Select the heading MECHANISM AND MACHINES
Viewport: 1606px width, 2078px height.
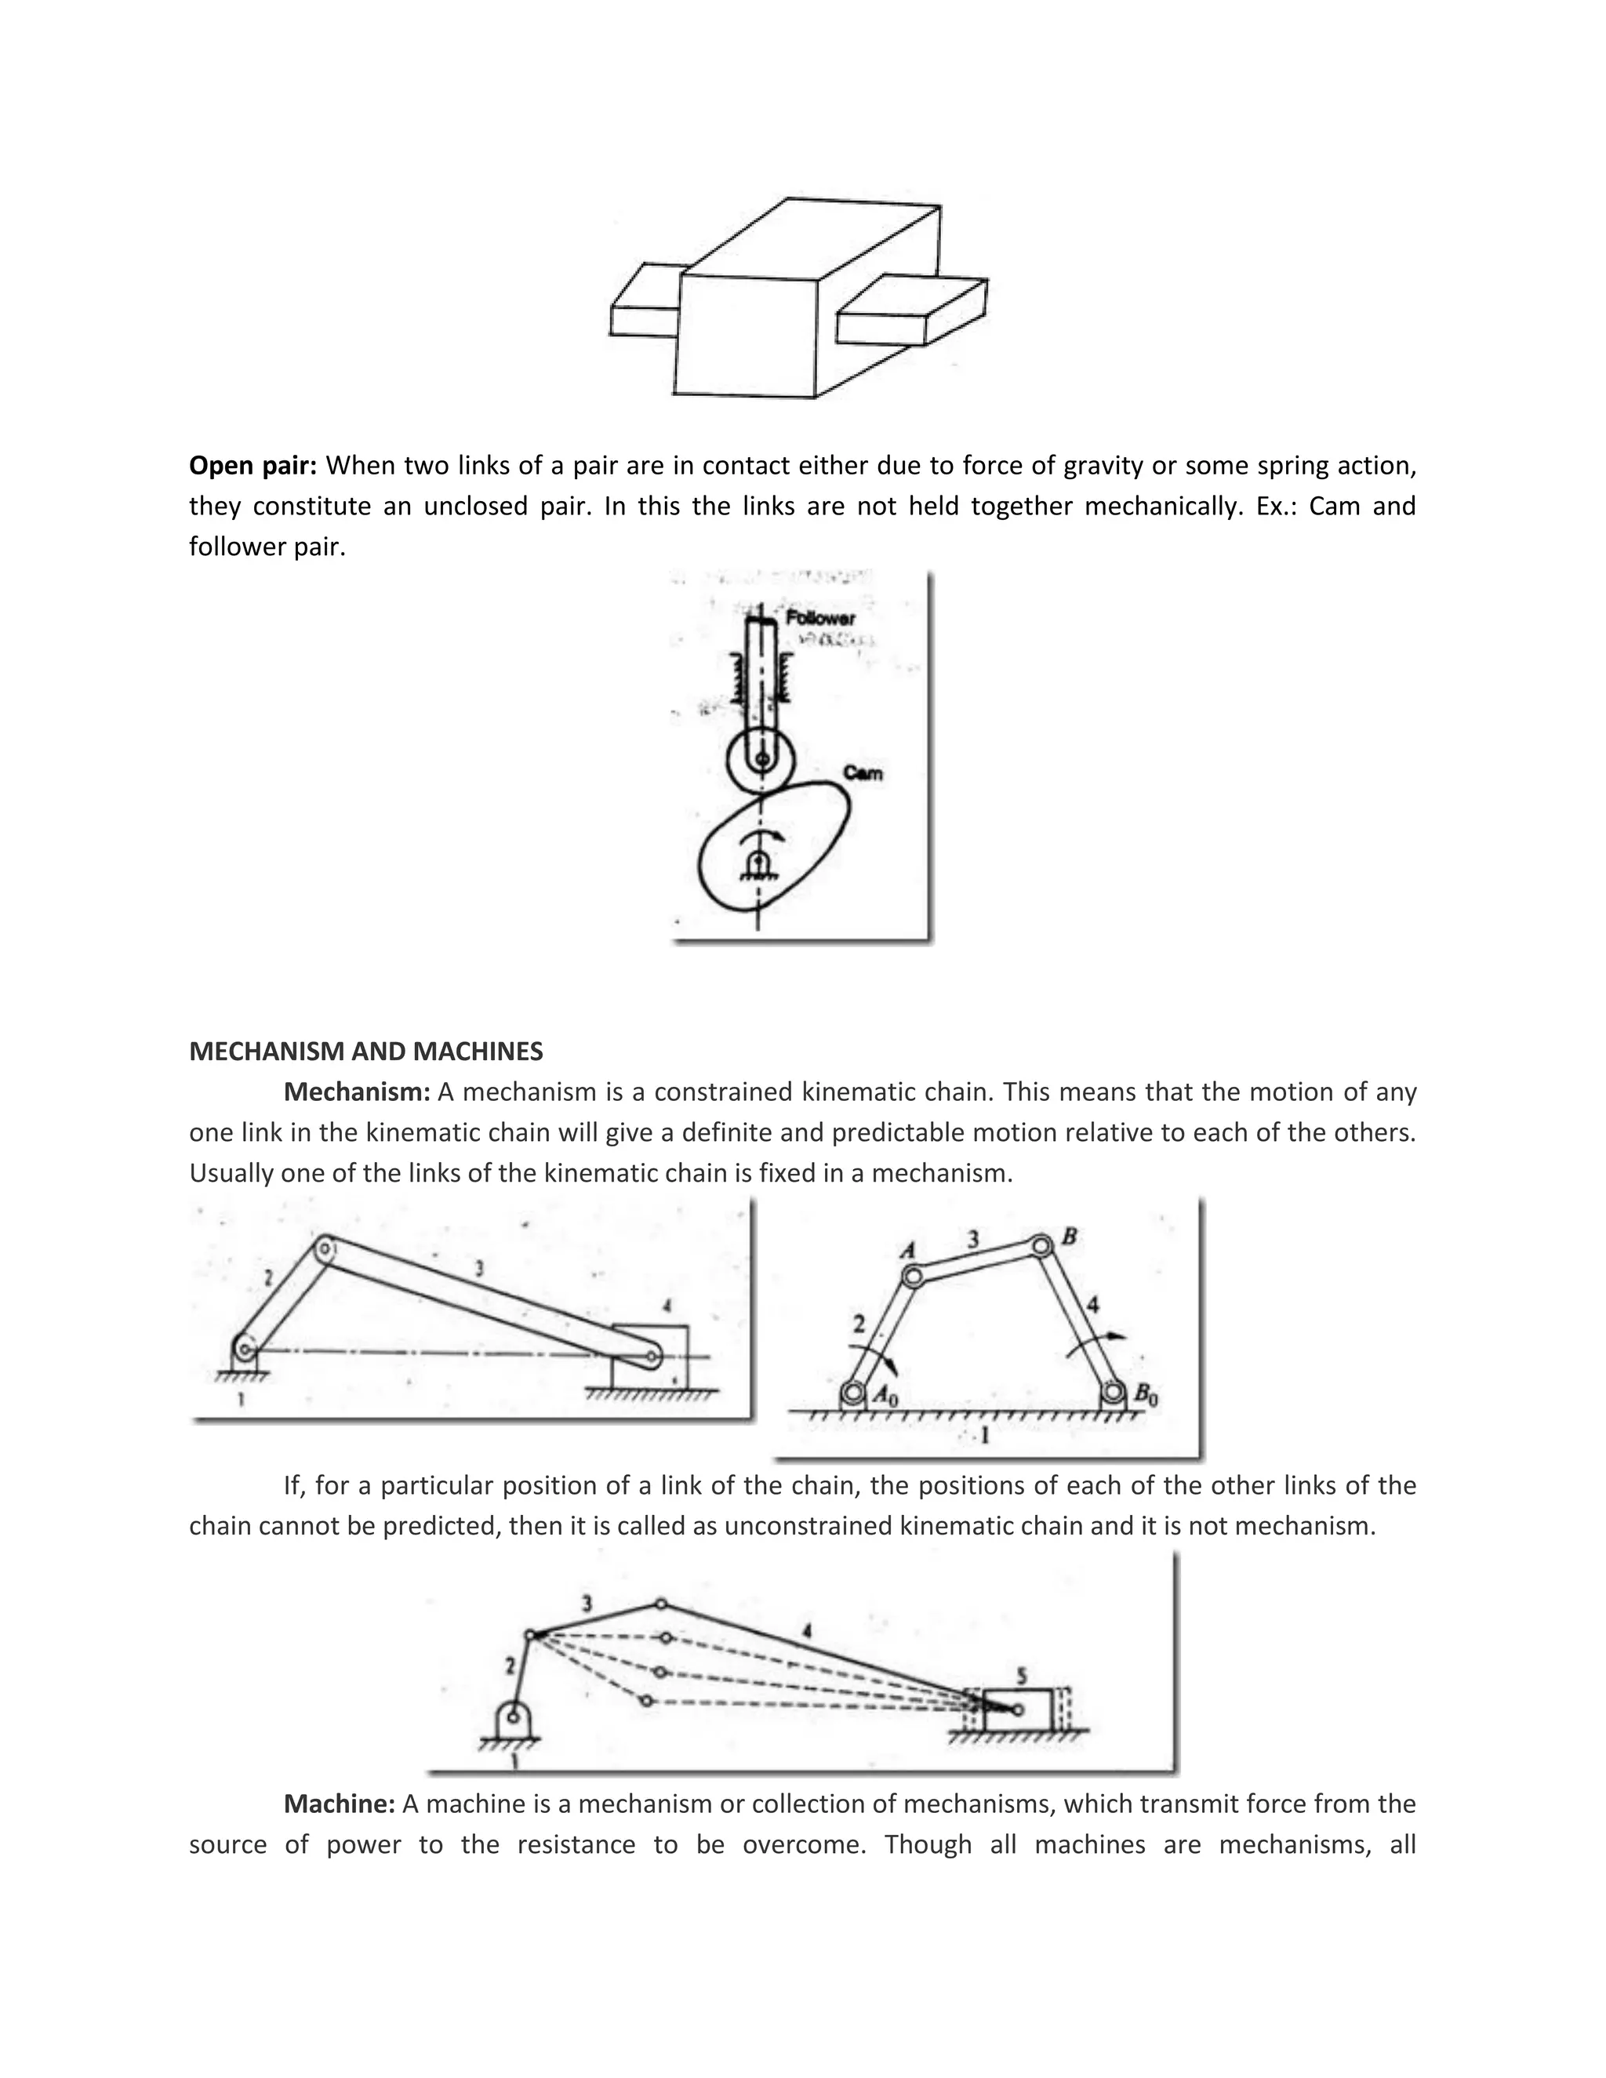click(x=365, y=1052)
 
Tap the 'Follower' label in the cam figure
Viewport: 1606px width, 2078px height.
click(x=819, y=619)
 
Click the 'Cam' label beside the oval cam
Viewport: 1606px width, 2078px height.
click(x=862, y=772)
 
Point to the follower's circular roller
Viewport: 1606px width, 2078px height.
click(x=760, y=759)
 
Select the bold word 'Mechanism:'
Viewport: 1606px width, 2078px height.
click(x=357, y=1092)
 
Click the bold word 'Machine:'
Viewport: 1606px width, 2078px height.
click(x=339, y=1804)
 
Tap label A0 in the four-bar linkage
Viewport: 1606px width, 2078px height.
click(x=886, y=1396)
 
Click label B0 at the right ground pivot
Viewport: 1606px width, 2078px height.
click(x=1146, y=1396)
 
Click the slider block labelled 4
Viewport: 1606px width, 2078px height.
click(x=650, y=1357)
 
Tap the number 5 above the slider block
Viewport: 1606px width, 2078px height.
click(x=1021, y=1677)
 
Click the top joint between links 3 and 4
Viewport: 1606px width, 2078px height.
click(x=660, y=1604)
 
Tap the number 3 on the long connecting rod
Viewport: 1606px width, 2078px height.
click(x=478, y=1268)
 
